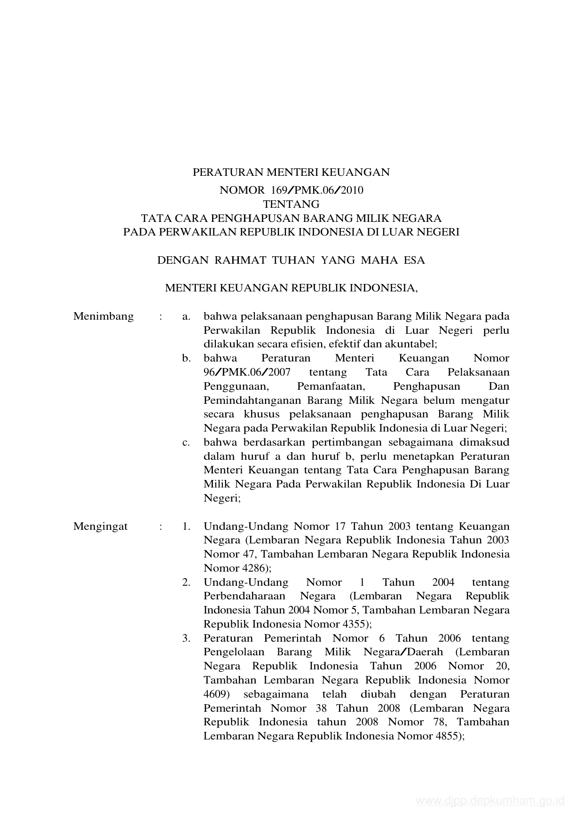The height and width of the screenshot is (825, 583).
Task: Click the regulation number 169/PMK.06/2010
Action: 317,190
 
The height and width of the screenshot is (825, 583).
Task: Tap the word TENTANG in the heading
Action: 291,204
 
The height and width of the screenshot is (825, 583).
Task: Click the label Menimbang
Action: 103,316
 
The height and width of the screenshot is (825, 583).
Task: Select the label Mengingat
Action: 101,526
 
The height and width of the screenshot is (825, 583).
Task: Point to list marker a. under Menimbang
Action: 186,316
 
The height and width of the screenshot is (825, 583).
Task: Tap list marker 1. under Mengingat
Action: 187,526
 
